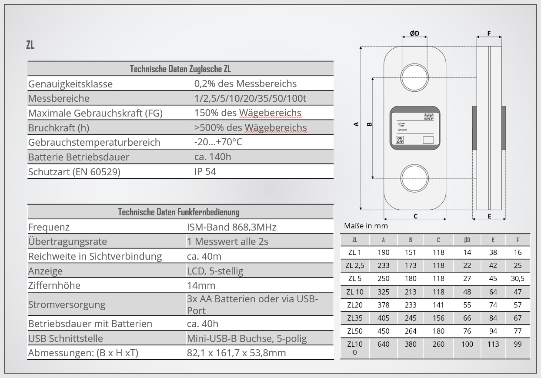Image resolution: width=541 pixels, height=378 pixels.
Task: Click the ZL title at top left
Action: pos(30,45)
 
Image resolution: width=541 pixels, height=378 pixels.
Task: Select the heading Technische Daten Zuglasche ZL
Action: pos(180,69)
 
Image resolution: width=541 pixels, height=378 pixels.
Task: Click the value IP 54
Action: pos(205,171)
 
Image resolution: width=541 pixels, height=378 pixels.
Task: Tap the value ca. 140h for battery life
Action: pos(213,157)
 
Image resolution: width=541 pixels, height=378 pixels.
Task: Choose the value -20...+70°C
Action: pos(218,142)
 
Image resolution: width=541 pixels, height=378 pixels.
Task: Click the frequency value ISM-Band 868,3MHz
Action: pos(231,227)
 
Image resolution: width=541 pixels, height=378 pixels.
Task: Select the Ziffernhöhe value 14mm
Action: pos(201,285)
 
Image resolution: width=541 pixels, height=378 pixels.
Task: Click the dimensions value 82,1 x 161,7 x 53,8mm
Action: pos(236,353)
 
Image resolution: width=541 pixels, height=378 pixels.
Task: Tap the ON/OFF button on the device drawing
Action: pos(399,140)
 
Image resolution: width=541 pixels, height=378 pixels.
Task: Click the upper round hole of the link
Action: pos(414,77)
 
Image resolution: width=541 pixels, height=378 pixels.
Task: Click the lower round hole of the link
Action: pos(414,178)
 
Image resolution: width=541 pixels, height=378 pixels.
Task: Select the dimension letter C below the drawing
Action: pos(415,216)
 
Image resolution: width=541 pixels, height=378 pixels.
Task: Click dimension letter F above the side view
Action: pos(489,33)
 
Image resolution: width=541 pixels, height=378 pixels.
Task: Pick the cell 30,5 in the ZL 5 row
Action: pos(517,278)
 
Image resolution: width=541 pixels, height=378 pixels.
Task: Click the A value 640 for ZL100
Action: pos(383,344)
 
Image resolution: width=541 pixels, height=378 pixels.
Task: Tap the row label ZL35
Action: pos(354,318)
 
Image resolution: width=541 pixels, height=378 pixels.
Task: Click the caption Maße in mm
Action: pos(366,226)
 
